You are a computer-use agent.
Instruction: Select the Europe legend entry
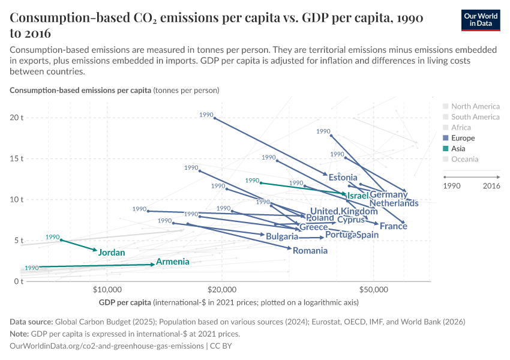463,138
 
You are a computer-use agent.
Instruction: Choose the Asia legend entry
459,149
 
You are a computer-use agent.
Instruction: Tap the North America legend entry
475,106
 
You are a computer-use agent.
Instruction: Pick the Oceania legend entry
464,159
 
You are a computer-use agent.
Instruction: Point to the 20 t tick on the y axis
17,118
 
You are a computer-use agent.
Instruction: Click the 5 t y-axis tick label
19,241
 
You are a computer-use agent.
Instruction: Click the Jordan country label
112,253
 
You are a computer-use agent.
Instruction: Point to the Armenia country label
173,262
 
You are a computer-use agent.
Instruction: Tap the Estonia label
343,178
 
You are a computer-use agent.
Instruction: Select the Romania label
310,251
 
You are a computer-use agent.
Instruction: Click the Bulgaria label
282,236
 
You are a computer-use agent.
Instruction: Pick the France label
394,226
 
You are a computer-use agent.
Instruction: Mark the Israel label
358,196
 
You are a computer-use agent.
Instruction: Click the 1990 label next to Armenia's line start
32,268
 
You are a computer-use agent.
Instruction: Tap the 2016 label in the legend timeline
491,186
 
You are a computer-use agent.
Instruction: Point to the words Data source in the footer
33,322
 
